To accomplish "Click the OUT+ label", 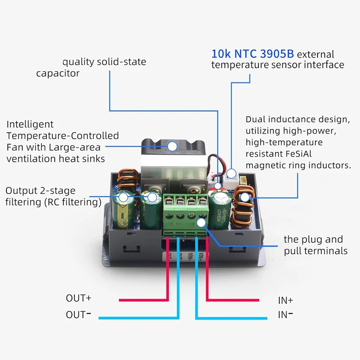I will tap(78, 298).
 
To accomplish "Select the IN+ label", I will tap(285, 300).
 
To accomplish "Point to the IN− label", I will tap(285, 315).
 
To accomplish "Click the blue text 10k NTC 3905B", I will tap(252, 54).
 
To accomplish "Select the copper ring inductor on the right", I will tap(243, 209).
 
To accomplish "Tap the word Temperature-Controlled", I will tap(63, 135).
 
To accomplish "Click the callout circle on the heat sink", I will tap(172, 146).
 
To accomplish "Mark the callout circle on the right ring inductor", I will tap(244, 197).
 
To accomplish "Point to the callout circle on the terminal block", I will tap(202, 221).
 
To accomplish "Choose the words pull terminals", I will tap(315, 251).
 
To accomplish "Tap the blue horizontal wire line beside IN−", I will tap(229, 318).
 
